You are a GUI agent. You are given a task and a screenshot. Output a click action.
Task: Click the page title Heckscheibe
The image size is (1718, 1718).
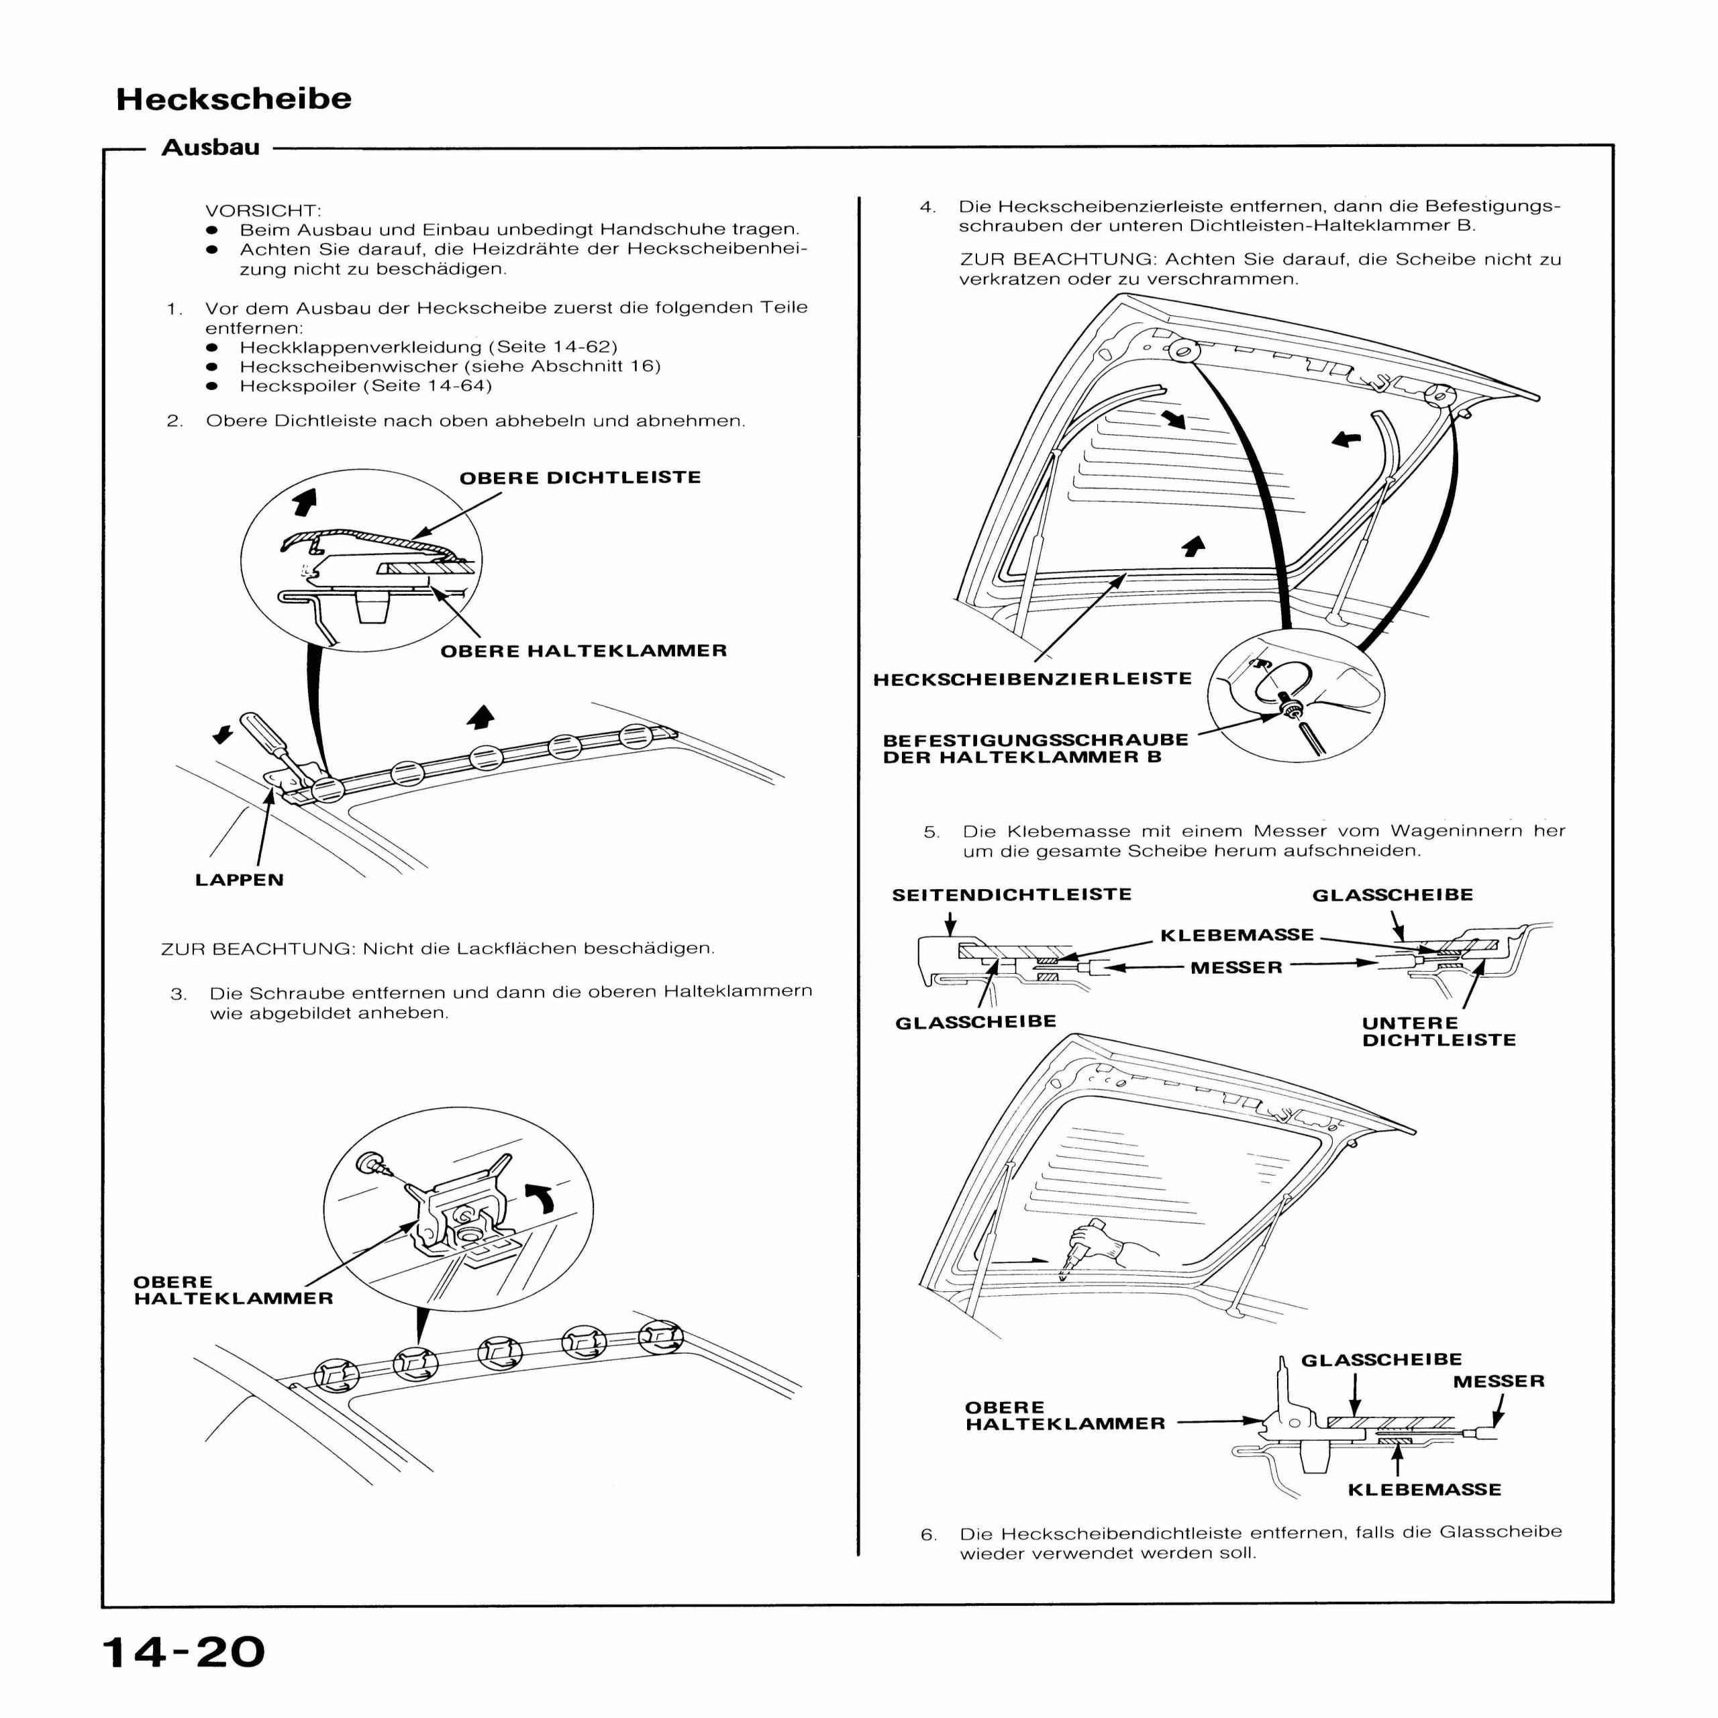click(233, 99)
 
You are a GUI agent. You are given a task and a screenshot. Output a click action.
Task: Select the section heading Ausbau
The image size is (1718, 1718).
click(211, 148)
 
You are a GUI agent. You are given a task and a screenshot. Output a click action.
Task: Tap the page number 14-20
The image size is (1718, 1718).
click(184, 1652)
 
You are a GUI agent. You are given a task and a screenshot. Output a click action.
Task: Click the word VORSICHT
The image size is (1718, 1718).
click(263, 211)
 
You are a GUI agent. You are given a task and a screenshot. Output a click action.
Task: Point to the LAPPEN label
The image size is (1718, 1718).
click(239, 879)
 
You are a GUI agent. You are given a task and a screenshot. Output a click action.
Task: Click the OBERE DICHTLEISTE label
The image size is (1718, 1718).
click(580, 478)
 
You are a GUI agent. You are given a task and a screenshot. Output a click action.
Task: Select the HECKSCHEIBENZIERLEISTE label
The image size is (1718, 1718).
click(1032, 679)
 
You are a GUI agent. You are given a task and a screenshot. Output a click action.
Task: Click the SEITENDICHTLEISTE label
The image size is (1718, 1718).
click(1012, 895)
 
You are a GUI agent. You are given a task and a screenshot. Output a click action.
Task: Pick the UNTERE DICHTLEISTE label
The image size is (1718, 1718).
click(1438, 1031)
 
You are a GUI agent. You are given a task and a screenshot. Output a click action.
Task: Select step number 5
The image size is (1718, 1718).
click(931, 832)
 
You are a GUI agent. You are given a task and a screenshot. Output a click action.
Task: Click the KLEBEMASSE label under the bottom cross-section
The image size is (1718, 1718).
click(1423, 1489)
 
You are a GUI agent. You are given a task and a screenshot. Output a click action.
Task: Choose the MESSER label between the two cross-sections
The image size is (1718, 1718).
click(1236, 968)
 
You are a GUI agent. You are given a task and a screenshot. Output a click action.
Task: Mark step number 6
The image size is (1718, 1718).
click(928, 1535)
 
